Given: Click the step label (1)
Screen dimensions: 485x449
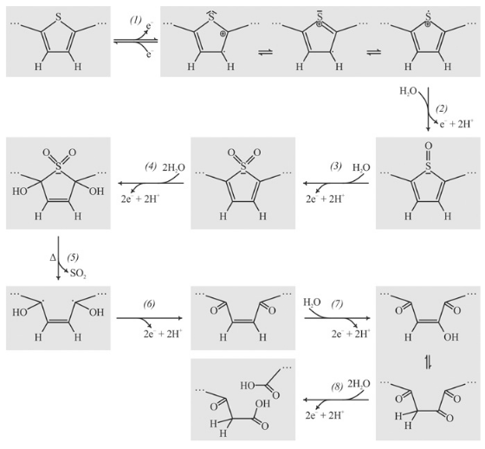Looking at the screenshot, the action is point(135,21).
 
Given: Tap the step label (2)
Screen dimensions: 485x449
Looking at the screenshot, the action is point(442,108).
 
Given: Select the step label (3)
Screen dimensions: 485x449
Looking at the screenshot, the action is point(335,166).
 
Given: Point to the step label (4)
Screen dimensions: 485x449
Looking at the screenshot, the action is point(151,166).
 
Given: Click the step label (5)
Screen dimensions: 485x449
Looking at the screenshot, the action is point(73,257).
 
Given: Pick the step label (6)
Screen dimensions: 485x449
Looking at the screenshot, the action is point(149,303).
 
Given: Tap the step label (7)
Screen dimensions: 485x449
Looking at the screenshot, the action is point(337,304).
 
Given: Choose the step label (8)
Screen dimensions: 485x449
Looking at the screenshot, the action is point(337,387).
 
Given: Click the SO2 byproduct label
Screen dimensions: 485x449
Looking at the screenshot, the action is point(78,274).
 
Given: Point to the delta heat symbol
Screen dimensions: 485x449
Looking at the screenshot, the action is point(53,257).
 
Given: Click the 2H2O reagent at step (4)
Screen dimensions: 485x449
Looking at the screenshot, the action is point(174,168).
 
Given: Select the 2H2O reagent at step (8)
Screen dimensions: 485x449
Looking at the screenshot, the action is point(359,384).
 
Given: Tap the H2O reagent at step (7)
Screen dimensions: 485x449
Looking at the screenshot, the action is point(312,303).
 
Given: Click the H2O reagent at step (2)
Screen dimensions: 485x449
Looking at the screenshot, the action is point(408,91).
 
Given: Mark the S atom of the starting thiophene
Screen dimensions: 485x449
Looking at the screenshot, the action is point(58,16).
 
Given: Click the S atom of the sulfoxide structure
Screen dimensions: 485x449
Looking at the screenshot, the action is point(428,166).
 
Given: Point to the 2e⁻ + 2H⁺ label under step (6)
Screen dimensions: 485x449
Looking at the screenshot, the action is point(163,334).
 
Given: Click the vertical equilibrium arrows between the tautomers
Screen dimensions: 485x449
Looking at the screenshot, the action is point(428,362).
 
